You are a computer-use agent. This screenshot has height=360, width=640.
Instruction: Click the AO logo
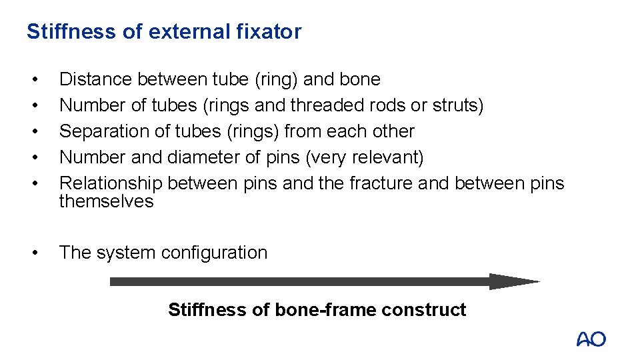pyautogui.click(x=591, y=339)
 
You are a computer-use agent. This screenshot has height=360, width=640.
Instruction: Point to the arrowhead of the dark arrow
pyautogui.click(x=513, y=281)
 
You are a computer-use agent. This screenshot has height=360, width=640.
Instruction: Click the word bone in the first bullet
pyautogui.click(x=360, y=79)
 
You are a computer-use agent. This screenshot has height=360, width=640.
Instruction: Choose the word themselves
pyautogui.click(x=106, y=201)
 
